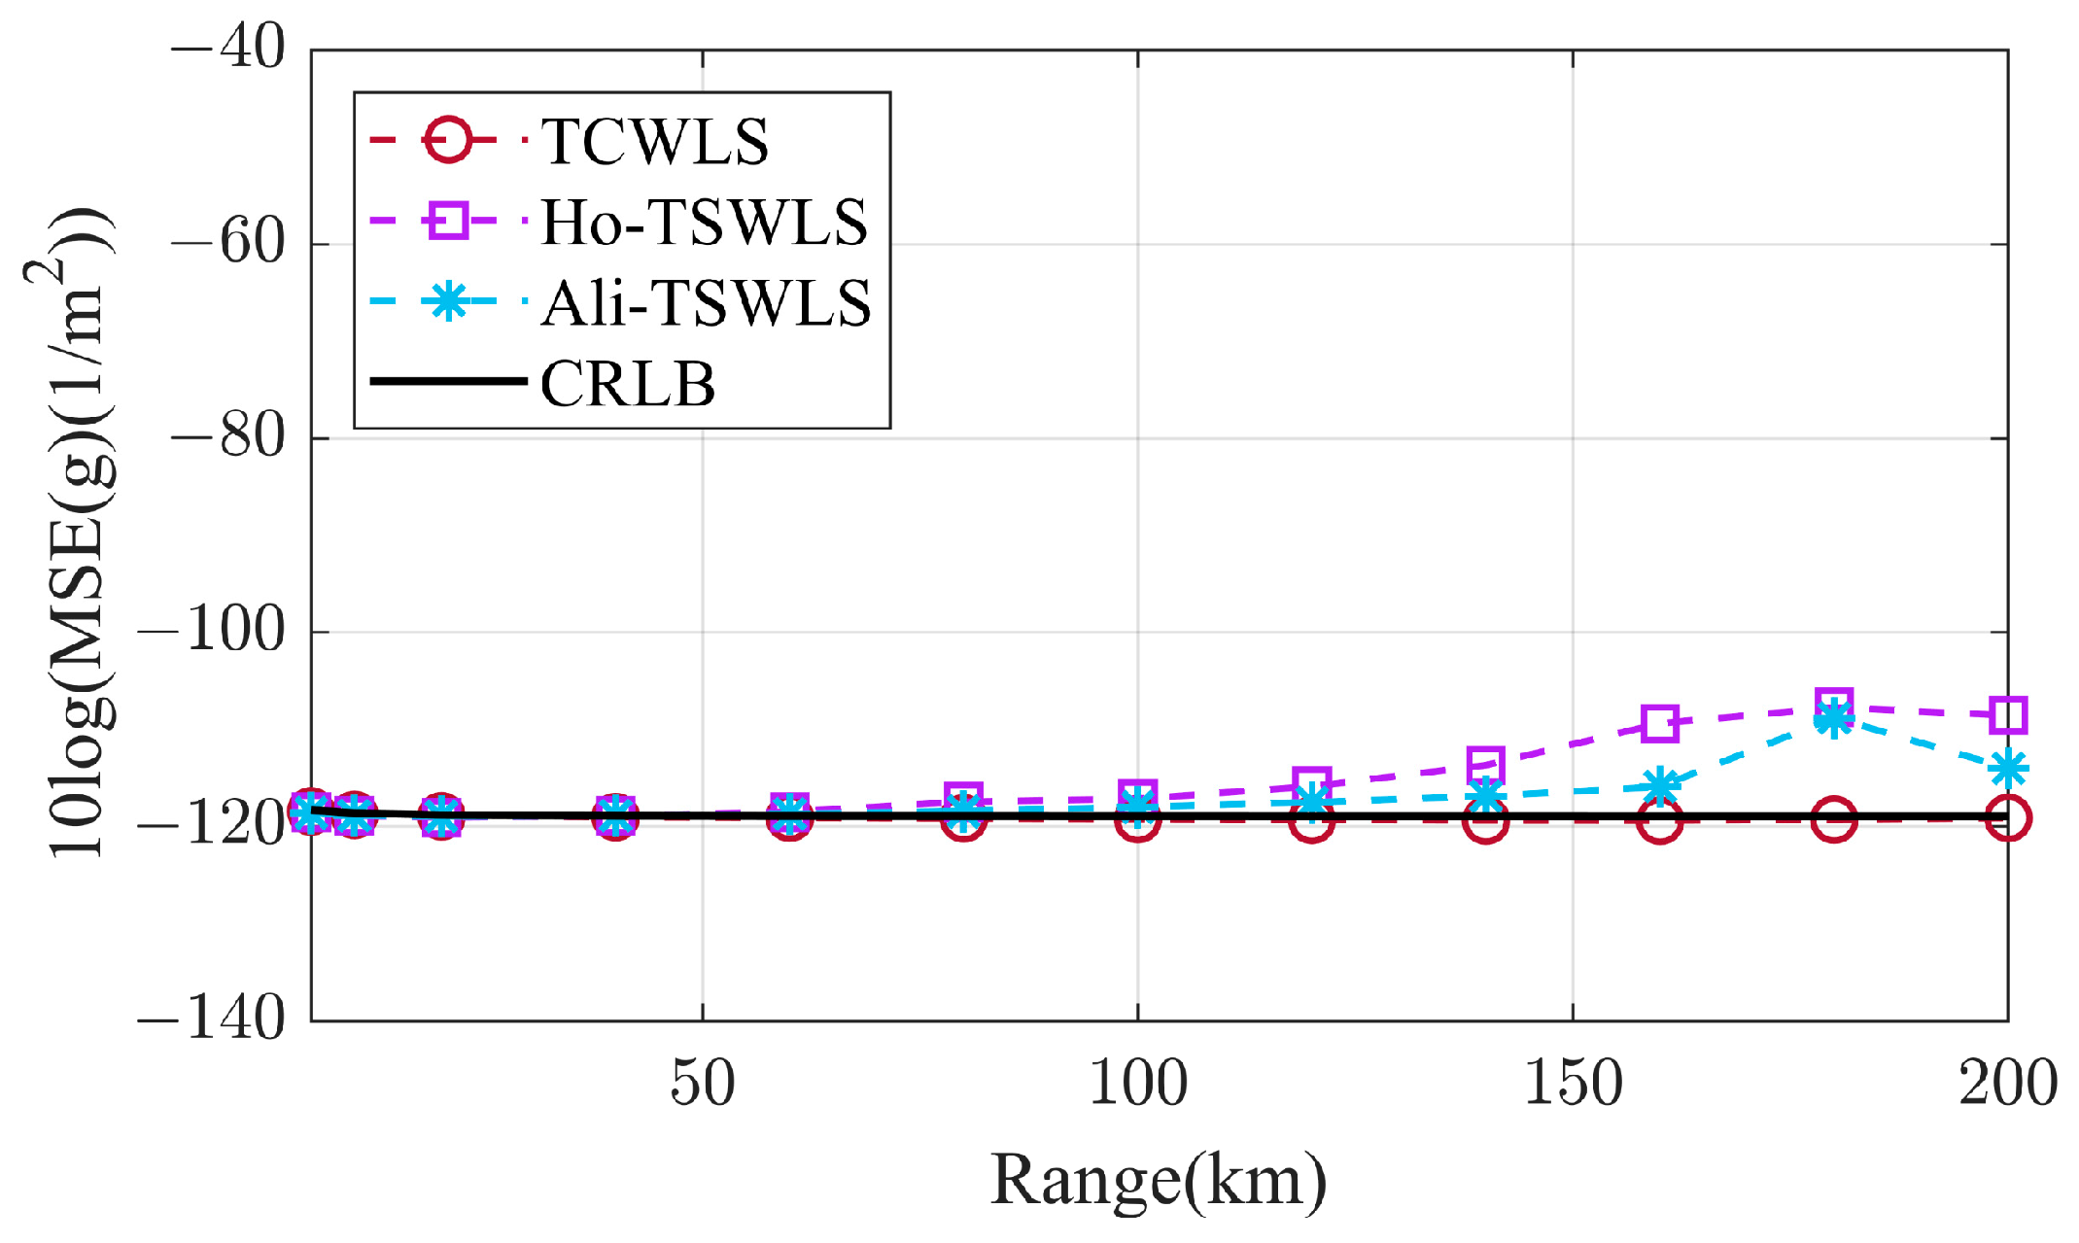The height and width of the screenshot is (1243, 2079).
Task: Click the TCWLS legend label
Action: (x=653, y=142)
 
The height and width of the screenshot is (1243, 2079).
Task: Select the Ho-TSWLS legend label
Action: (x=704, y=223)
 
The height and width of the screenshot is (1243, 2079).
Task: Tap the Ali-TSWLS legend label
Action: (x=706, y=303)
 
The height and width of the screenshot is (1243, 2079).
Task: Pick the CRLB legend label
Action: (x=628, y=384)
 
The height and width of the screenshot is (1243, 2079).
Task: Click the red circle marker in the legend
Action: (x=448, y=140)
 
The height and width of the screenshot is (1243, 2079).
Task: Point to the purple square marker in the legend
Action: (x=448, y=221)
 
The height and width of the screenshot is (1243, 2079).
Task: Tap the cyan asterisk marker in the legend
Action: (x=448, y=301)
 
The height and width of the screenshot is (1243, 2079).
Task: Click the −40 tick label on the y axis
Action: (x=228, y=47)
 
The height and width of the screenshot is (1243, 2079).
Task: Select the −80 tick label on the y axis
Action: (x=228, y=436)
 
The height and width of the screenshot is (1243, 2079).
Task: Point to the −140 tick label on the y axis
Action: (x=212, y=1019)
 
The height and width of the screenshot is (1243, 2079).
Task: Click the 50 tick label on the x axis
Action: (x=702, y=1084)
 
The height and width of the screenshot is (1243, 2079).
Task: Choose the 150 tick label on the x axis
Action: (x=1573, y=1084)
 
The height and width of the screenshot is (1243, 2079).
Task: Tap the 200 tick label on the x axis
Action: (x=2007, y=1084)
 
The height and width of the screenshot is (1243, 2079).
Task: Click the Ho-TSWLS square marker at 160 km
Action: (x=1659, y=723)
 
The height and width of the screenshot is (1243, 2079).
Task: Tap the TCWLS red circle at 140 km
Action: (x=1485, y=821)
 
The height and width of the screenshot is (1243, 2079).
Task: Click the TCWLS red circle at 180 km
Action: (x=1833, y=820)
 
